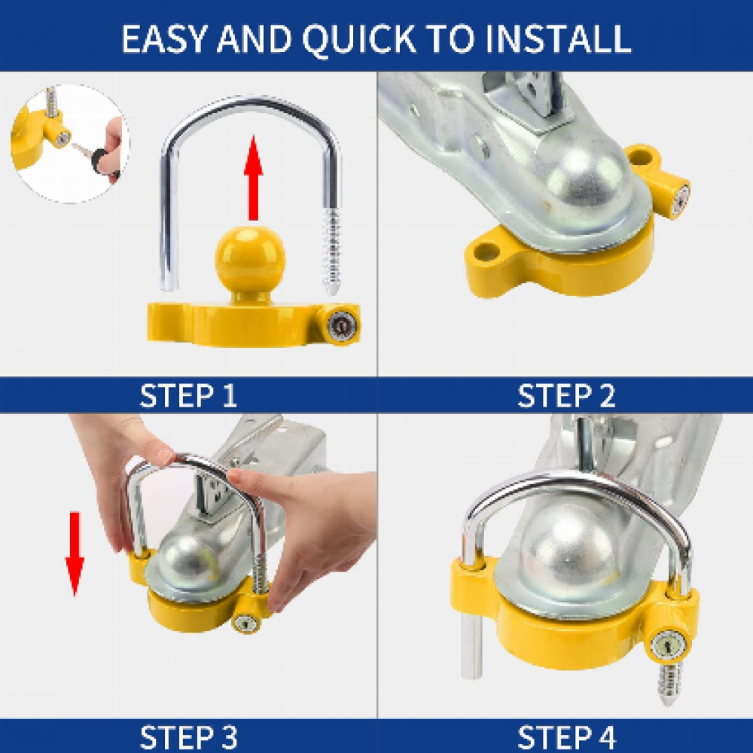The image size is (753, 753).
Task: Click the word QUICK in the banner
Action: pyautogui.click(x=358, y=38)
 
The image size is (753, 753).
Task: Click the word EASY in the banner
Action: pyautogui.click(x=165, y=38)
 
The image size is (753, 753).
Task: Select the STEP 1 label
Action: pyautogui.click(x=188, y=395)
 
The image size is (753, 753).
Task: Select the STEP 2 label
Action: pyautogui.click(x=566, y=395)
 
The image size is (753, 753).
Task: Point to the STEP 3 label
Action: pyautogui.click(x=188, y=736)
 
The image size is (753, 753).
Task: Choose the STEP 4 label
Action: pyautogui.click(x=566, y=736)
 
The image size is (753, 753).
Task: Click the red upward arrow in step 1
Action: pyautogui.click(x=253, y=178)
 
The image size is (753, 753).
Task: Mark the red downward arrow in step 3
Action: pyautogui.click(x=75, y=554)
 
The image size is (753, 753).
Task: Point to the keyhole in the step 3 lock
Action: pyautogui.click(x=247, y=623)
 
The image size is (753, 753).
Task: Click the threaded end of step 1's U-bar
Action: pyautogui.click(x=331, y=252)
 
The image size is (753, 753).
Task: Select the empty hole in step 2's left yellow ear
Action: pyautogui.click(x=486, y=251)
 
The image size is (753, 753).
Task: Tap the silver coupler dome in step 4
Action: pyautogui.click(x=569, y=547)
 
